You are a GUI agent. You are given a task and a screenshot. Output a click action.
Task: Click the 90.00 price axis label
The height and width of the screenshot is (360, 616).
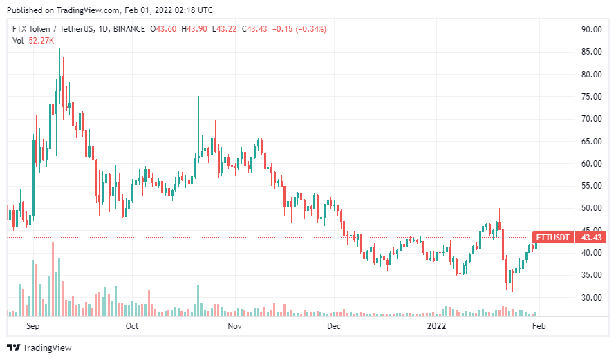click(590, 30)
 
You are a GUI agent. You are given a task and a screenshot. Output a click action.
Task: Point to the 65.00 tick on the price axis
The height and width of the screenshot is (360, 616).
click(590, 142)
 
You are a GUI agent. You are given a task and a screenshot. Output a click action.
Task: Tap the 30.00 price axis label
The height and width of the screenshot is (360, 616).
click(590, 298)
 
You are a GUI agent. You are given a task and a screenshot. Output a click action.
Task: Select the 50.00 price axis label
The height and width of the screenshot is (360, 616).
click(590, 209)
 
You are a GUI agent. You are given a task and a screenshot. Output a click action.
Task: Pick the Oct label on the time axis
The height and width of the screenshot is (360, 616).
click(132, 325)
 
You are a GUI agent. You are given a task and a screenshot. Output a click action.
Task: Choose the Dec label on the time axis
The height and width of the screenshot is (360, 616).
click(333, 325)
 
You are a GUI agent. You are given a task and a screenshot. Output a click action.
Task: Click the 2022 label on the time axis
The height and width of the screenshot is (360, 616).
click(436, 325)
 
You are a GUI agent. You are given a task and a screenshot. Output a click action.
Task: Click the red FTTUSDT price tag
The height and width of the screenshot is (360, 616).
click(553, 238)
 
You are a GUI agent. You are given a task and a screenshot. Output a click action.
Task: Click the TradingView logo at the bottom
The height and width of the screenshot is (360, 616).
click(39, 348)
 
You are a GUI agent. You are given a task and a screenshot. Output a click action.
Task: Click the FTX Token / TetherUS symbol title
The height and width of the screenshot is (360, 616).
click(57, 29)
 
